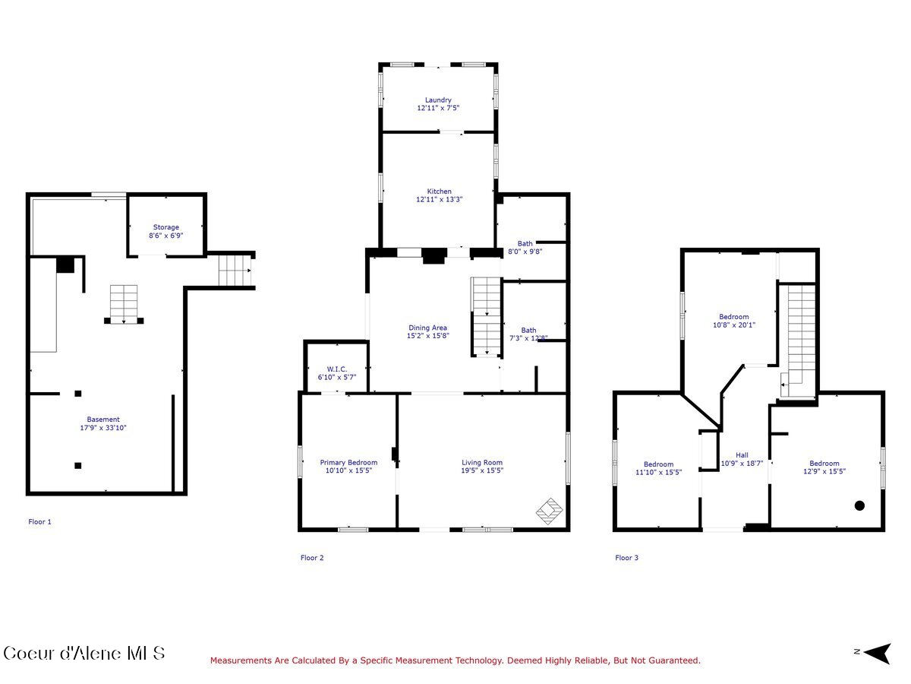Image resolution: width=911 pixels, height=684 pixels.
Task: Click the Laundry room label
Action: click(438, 100)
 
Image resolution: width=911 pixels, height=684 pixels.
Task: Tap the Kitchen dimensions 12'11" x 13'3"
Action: click(439, 200)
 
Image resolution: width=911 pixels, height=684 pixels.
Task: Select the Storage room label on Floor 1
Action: click(166, 227)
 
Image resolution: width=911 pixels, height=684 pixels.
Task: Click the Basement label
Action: click(103, 420)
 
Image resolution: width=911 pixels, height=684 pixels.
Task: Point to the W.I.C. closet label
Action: click(336, 369)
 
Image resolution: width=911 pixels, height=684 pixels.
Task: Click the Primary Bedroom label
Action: click(348, 462)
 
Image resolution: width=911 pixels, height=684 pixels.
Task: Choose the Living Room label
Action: click(482, 462)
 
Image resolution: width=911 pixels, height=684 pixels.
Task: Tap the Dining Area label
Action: click(428, 328)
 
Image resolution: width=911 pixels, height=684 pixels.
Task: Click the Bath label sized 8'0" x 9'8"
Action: click(525, 244)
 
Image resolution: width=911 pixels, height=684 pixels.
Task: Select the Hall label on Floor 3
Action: click(742, 455)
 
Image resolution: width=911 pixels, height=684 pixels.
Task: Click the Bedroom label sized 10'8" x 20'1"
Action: click(734, 317)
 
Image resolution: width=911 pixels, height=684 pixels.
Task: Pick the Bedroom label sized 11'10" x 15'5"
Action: click(658, 464)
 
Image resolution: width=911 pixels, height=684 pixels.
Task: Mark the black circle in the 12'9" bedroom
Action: click(859, 505)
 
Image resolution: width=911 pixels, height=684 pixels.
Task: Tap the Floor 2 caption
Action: click(312, 558)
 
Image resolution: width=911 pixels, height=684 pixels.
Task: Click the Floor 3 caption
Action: click(626, 558)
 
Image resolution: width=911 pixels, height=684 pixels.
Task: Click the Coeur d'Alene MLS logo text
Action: click(84, 653)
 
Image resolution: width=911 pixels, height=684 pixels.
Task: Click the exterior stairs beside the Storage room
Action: click(235, 270)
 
